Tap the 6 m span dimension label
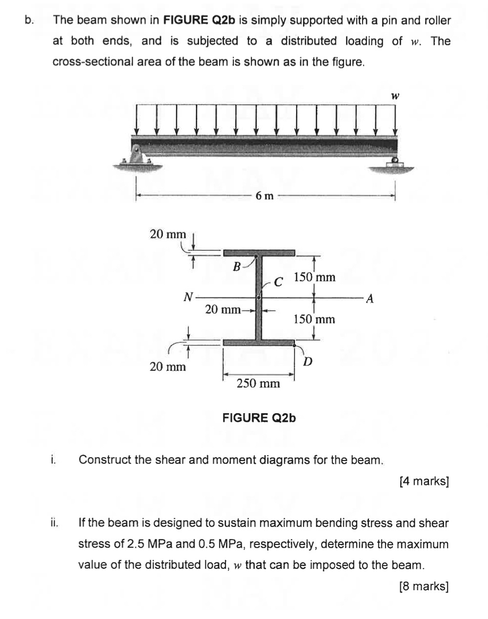(264, 196)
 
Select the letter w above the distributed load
(395, 97)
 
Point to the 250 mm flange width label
(258, 383)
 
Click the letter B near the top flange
(237, 266)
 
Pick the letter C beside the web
(278, 282)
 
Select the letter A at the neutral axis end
(369, 298)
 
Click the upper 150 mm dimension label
(315, 278)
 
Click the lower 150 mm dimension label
(314, 319)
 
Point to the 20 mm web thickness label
(223, 309)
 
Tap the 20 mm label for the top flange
(167, 234)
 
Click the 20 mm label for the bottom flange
(167, 366)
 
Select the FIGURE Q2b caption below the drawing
(259, 418)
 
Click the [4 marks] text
(424, 481)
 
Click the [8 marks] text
(424, 586)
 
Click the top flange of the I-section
(259, 252)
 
